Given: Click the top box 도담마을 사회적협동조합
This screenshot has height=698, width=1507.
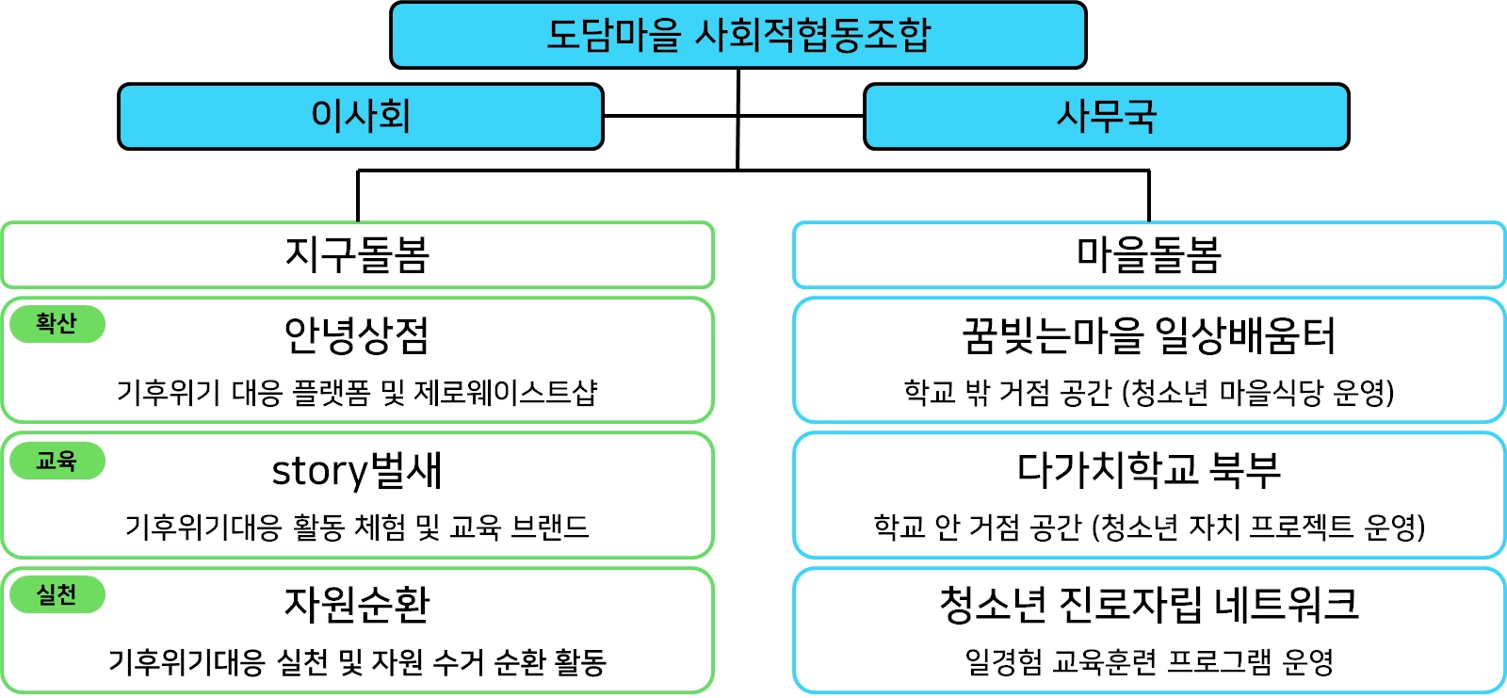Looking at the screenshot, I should pyautogui.click(x=737, y=35).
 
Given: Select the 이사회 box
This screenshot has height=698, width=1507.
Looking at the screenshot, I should pyautogui.click(x=360, y=116).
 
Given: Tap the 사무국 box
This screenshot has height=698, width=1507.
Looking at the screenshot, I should pyautogui.click(x=1106, y=116).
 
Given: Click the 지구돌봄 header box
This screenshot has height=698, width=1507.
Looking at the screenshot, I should pyautogui.click(x=357, y=254).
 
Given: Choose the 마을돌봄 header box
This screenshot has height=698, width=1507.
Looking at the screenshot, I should pyautogui.click(x=1149, y=254).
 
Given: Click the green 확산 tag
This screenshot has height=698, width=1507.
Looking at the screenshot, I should pyautogui.click(x=57, y=324).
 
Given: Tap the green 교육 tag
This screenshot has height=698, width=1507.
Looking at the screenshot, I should pyautogui.click(x=57, y=461).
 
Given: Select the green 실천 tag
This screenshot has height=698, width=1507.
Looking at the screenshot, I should pyautogui.click(x=57, y=594).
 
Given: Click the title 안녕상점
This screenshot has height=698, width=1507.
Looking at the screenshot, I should pyautogui.click(x=357, y=335).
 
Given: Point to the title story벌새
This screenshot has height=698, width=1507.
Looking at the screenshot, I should pyautogui.click(x=357, y=470).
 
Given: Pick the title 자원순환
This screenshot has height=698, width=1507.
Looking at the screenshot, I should pyautogui.click(x=357, y=605).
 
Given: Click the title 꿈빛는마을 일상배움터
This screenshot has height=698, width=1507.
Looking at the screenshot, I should pyautogui.click(x=1149, y=335).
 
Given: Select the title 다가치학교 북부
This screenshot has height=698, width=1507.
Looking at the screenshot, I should pyautogui.click(x=1149, y=469).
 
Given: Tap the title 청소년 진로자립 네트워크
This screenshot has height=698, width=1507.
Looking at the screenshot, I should pyautogui.click(x=1149, y=605).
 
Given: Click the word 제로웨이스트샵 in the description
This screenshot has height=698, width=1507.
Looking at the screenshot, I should pyautogui.click(x=506, y=392).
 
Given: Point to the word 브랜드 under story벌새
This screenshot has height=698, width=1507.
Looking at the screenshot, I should pyautogui.click(x=550, y=527).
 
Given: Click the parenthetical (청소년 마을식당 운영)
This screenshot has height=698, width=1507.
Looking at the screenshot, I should pyautogui.click(x=1258, y=392).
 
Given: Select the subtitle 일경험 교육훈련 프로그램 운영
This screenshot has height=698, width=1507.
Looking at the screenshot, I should pyautogui.click(x=1149, y=661).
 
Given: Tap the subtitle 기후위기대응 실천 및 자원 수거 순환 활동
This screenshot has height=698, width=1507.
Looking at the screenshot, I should pyautogui.click(x=357, y=662).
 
